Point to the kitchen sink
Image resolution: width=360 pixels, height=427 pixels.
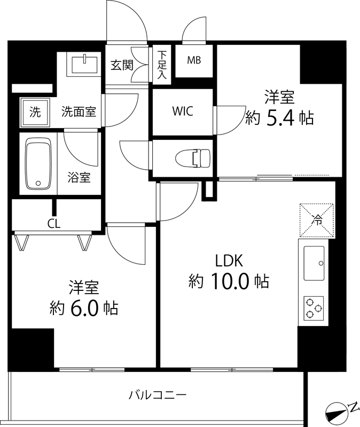pos(315,263)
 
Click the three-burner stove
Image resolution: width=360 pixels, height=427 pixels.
pos(314,308)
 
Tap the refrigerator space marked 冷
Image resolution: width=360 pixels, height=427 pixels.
pos(317,219)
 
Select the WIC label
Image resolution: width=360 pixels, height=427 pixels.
pos(183,112)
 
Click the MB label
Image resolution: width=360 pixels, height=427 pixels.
pos(194,60)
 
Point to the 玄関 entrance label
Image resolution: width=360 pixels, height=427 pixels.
pos(121,65)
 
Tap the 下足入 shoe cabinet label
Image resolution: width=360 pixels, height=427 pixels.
pos(162,65)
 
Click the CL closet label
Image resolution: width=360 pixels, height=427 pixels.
pos(53,224)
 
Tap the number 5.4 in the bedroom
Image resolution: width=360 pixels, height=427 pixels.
pos(280,118)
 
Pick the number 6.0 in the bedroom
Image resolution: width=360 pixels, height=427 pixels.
pos(85,307)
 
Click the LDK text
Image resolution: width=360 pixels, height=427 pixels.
pos(229,260)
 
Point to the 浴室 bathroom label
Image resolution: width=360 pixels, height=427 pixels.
pos(79,178)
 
